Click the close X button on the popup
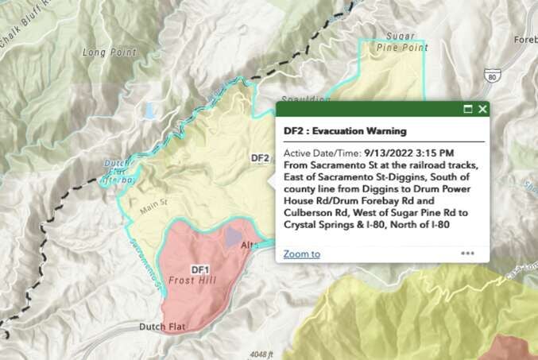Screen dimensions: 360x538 [x=483, y=109]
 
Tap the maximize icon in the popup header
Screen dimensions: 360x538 [x=467, y=109]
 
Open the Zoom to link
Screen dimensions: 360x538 [x=302, y=254]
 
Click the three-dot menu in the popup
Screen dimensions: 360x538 [x=467, y=254]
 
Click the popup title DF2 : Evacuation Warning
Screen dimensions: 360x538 [x=345, y=130]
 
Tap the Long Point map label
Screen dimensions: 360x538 [x=110, y=52]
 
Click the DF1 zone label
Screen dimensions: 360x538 [x=199, y=271]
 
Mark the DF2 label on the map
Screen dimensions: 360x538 [x=260, y=157]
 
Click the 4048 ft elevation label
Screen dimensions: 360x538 [x=260, y=354]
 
